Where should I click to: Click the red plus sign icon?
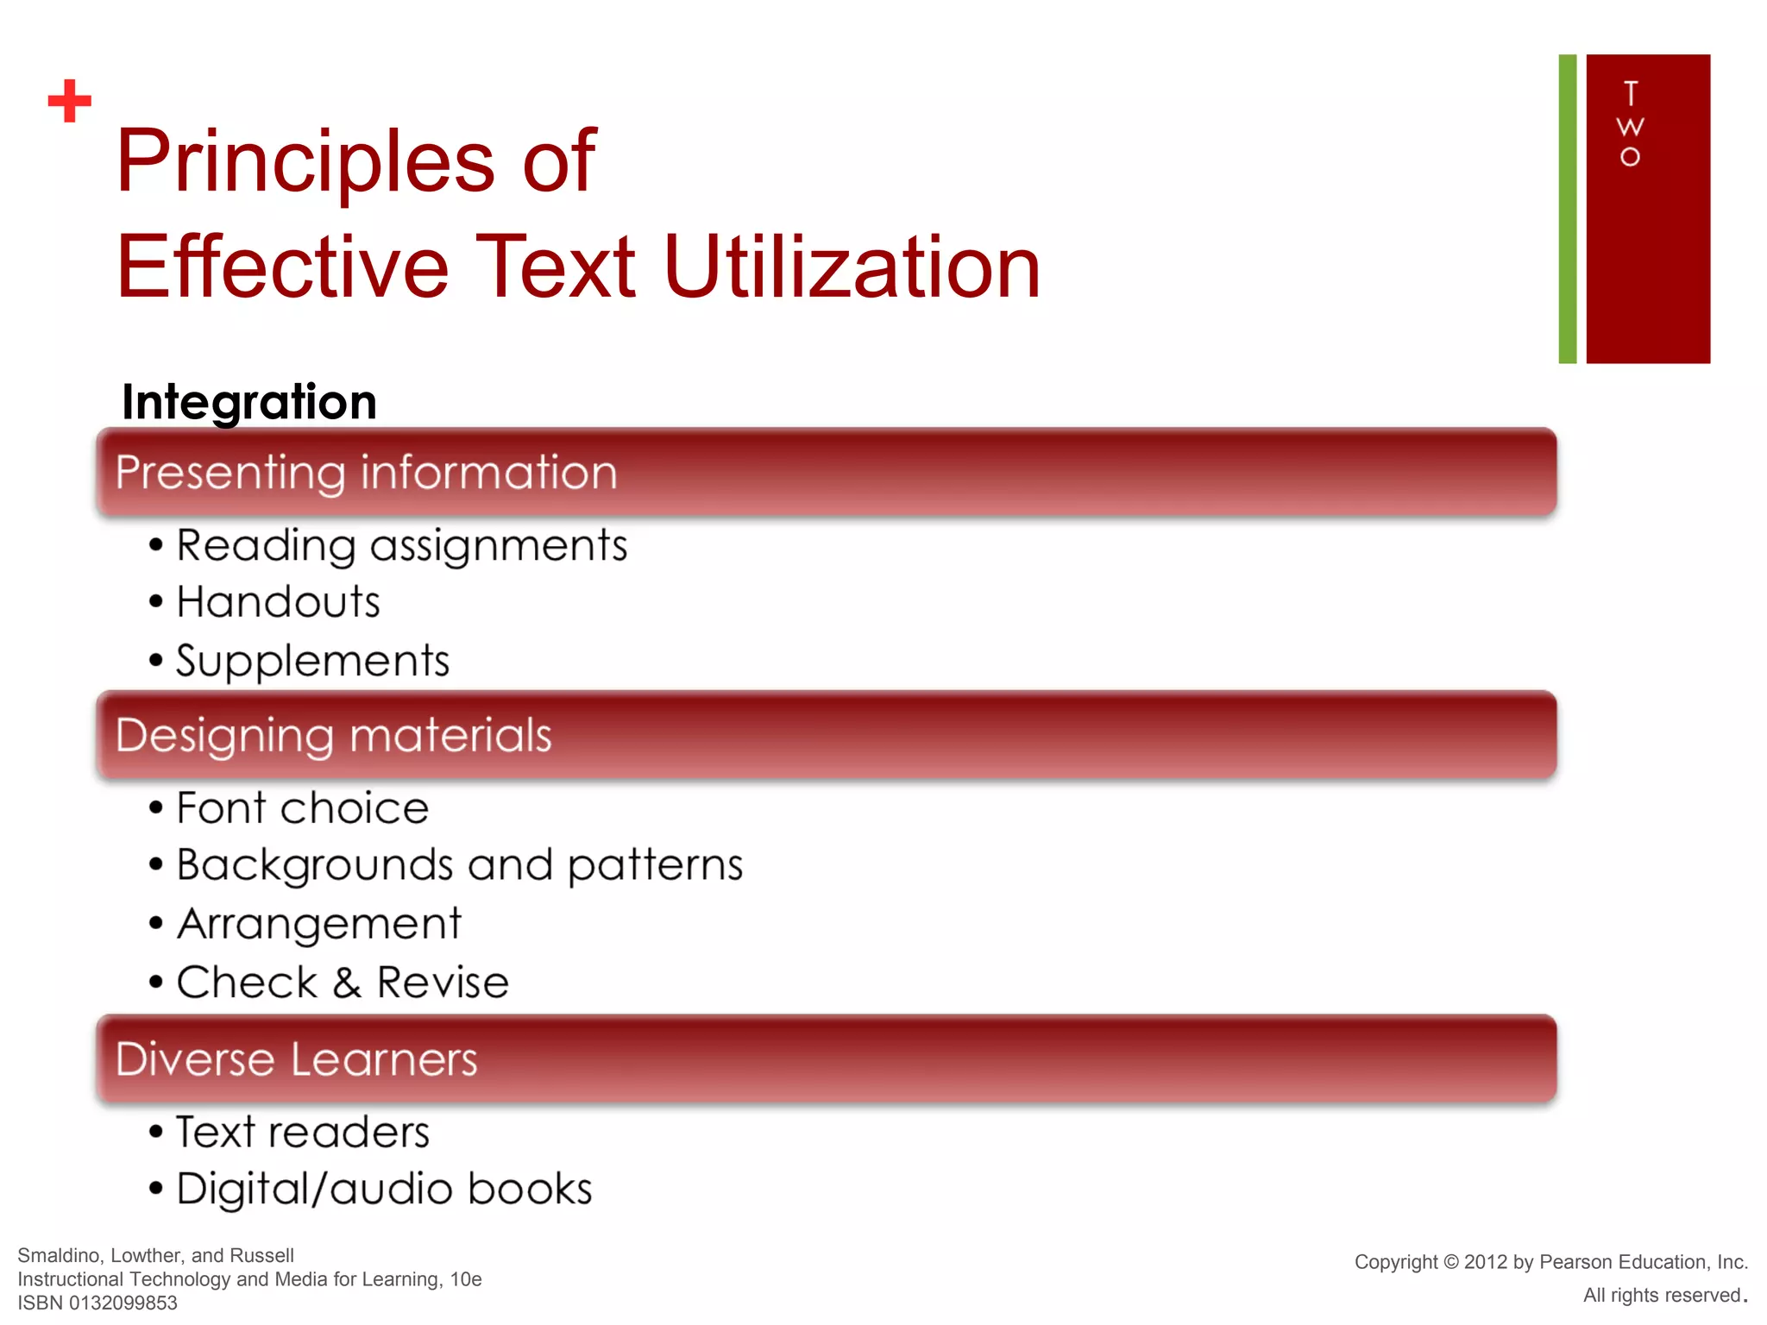click(70, 101)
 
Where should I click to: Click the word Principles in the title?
click(306, 161)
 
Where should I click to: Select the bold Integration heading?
click(249, 402)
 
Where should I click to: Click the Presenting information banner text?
click(367, 473)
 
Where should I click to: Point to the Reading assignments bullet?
click(401, 546)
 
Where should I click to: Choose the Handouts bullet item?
click(278, 602)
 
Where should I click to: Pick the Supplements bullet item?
click(312, 662)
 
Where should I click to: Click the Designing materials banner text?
click(334, 736)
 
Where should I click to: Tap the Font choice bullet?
click(302, 808)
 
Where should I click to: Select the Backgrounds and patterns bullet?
click(459, 865)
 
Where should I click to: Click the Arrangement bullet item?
click(319, 924)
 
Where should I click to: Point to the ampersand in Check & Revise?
click(347, 983)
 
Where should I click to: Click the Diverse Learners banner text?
click(297, 1059)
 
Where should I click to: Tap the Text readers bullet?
click(302, 1132)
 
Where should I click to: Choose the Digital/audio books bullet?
click(384, 1190)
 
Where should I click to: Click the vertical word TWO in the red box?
click(1629, 124)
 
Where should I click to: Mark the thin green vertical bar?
click(1567, 209)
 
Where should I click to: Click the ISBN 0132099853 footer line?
click(97, 1303)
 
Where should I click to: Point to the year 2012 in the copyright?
click(1486, 1262)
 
